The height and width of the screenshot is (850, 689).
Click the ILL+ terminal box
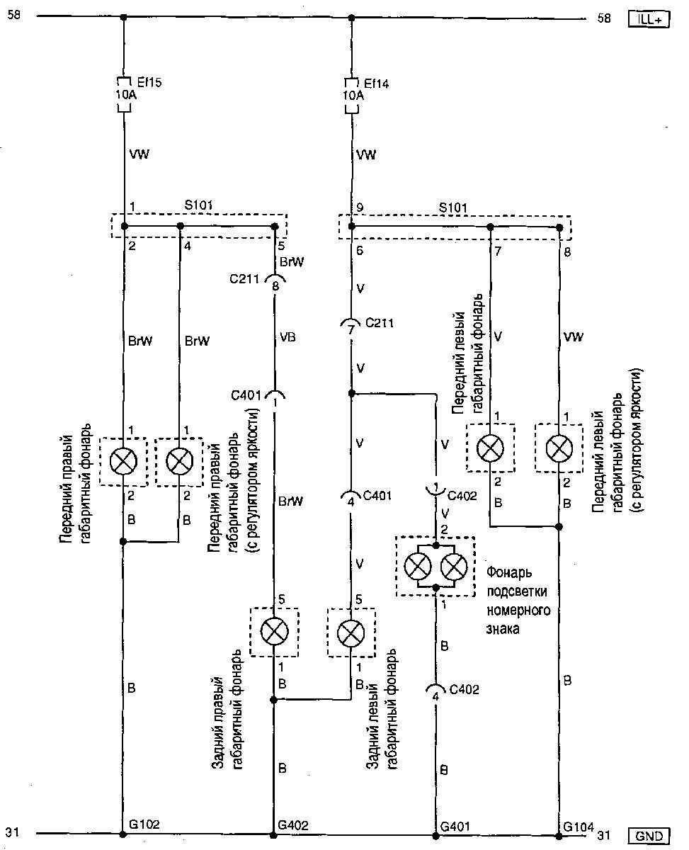(648, 21)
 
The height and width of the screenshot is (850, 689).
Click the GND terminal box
(648, 837)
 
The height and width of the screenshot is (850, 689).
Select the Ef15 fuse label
(148, 83)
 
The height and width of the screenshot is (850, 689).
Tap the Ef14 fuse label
(375, 83)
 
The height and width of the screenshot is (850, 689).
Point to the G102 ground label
(144, 824)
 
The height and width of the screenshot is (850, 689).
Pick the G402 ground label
(292, 824)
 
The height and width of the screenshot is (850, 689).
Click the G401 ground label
(455, 824)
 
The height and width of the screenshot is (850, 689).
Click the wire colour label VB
(287, 337)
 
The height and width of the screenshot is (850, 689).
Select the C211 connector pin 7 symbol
(351, 327)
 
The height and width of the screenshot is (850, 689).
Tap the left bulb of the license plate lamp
(418, 567)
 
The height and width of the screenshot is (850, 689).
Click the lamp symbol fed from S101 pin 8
(559, 447)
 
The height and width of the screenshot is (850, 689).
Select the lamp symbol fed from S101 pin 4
(179, 461)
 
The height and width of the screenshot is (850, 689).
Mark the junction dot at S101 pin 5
(275, 227)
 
